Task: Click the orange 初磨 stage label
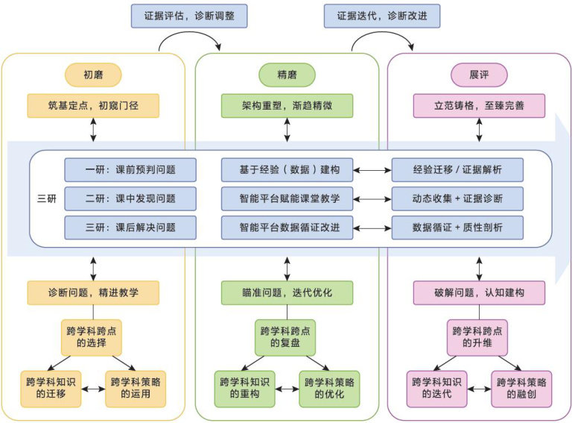pyautogui.click(x=93, y=75)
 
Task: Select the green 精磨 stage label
pyautogui.click(x=287, y=75)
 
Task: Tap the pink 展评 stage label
pyautogui.click(x=479, y=75)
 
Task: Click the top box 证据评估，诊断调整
pyautogui.click(x=189, y=16)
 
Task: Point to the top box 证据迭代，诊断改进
pyautogui.click(x=382, y=16)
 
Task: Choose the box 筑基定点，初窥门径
pyautogui.click(x=93, y=106)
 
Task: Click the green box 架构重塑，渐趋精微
pyautogui.click(x=287, y=106)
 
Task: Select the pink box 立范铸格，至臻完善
pyautogui.click(x=479, y=106)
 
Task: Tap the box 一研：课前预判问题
pyautogui.click(x=130, y=170)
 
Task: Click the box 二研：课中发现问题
pyautogui.click(x=130, y=198)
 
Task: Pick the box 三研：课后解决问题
pyautogui.click(x=130, y=228)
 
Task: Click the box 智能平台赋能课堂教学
pyautogui.click(x=287, y=198)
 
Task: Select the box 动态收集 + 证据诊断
pyautogui.click(x=457, y=198)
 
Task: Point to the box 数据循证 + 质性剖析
pyautogui.click(x=457, y=228)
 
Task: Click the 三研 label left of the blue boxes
pyautogui.click(x=46, y=198)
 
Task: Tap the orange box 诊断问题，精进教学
pyautogui.click(x=93, y=292)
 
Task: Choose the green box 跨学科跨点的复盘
pyautogui.click(x=287, y=337)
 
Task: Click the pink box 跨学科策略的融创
pyautogui.click(x=521, y=388)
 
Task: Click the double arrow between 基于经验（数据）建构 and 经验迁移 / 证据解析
pyautogui.click(x=372, y=170)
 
